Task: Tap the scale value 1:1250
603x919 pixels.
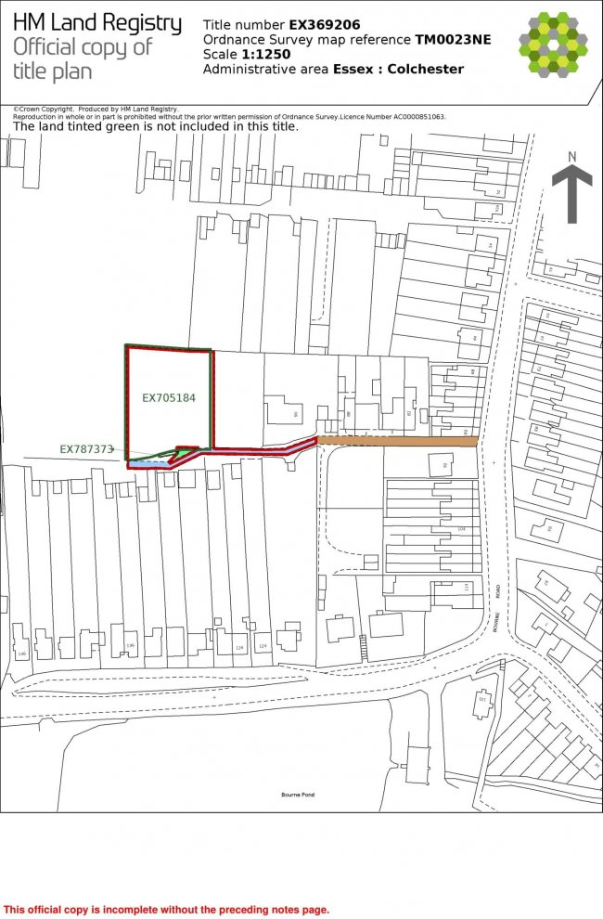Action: (267, 54)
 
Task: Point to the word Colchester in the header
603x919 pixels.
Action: (426, 69)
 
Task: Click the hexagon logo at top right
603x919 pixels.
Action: (553, 43)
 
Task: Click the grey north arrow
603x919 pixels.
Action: (571, 195)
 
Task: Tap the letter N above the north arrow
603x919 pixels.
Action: (572, 156)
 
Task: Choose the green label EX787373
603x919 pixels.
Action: (85, 448)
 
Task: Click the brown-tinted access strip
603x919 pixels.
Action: (398, 441)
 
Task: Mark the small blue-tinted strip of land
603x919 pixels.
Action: (148, 461)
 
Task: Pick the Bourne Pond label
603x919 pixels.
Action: (298, 795)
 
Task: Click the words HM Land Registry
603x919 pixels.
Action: (97, 23)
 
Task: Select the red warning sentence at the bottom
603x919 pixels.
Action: (166, 910)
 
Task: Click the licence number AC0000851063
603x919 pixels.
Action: (405, 117)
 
